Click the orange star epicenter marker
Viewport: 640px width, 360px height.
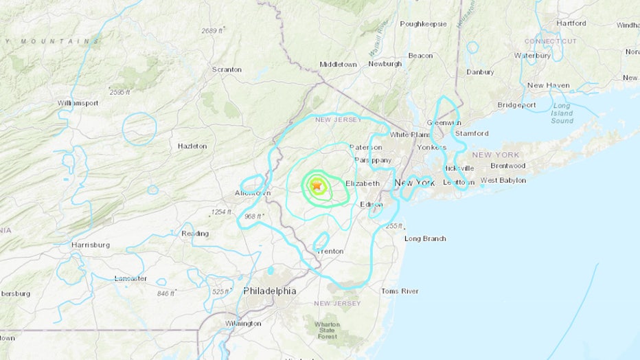[x=317, y=185]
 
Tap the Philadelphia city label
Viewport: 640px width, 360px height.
[x=270, y=291]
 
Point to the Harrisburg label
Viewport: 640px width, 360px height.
[x=91, y=245]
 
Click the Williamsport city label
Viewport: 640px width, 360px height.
[x=78, y=103]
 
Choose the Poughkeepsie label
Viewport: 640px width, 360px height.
[x=423, y=23]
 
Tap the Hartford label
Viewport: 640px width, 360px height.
[x=571, y=23]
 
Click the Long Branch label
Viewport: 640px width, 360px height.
[x=425, y=238]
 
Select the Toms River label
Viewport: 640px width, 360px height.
[x=400, y=291]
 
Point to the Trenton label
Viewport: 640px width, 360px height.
[x=330, y=251]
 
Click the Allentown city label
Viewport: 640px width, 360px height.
[x=253, y=193]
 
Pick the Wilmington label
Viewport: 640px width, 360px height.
[x=242, y=323]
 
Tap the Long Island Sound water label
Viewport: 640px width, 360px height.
[x=562, y=113]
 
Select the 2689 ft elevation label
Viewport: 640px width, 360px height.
[x=213, y=30]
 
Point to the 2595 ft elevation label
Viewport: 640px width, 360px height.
[x=119, y=91]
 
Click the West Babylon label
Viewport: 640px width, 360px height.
[x=503, y=181]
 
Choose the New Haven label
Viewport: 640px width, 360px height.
[x=548, y=85]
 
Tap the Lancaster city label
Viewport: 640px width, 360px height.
[x=130, y=278]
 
